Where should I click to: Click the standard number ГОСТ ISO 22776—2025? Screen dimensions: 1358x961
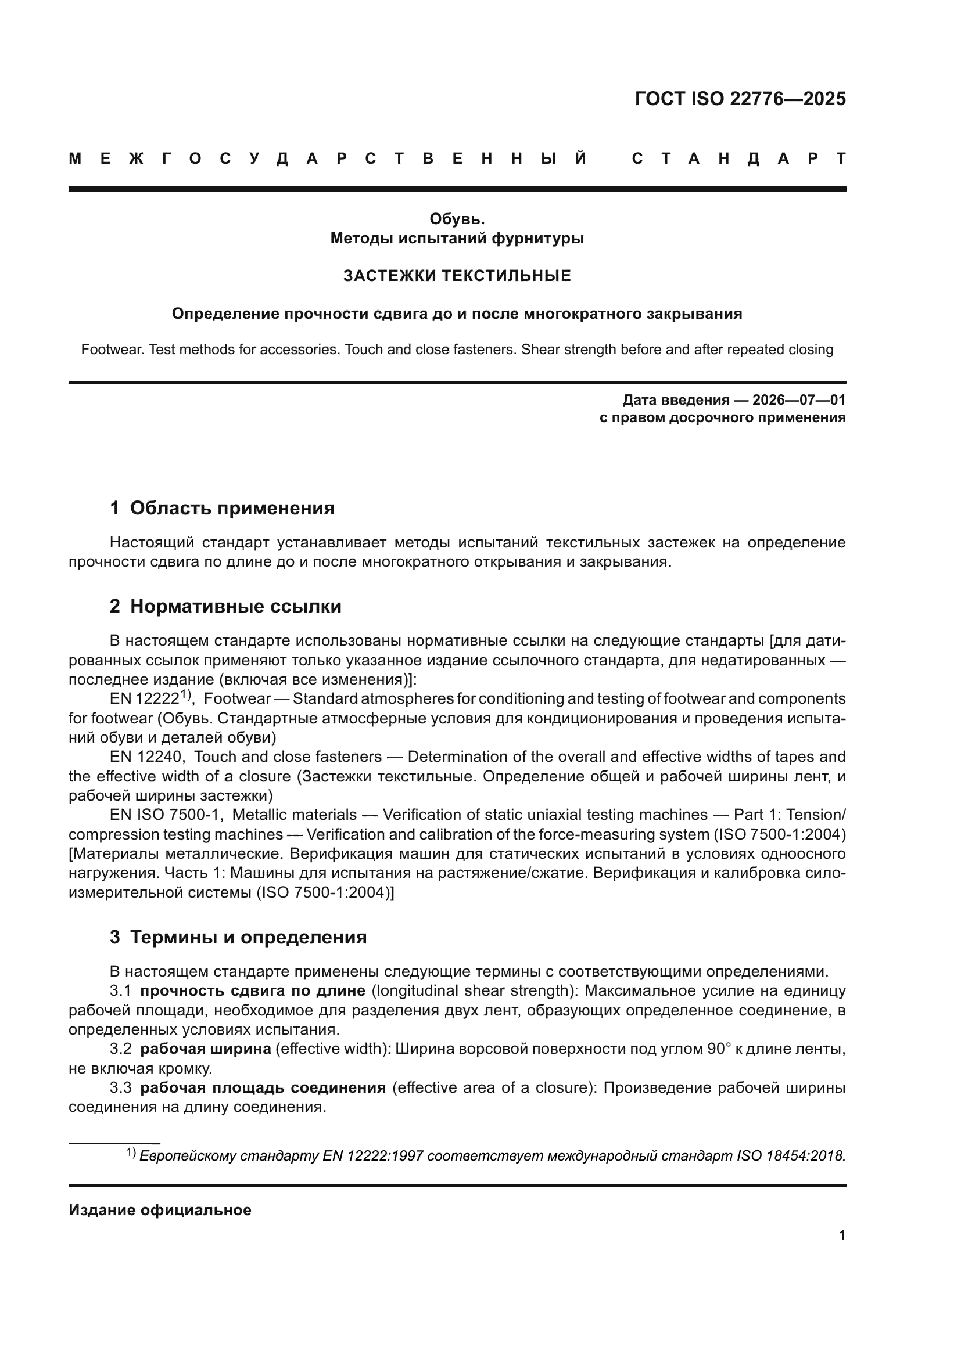[x=740, y=99]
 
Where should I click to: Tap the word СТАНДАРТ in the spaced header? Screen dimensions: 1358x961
[x=738, y=159]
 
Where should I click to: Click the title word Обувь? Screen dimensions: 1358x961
[x=457, y=219]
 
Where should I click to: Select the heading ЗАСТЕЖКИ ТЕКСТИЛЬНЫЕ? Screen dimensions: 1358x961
[x=457, y=276]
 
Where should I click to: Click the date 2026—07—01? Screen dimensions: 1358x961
[x=799, y=400]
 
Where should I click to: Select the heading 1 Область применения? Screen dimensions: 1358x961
[x=222, y=508]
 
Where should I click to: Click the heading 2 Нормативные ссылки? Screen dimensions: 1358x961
[x=225, y=606]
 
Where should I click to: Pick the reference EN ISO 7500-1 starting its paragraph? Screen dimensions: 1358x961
[x=165, y=815]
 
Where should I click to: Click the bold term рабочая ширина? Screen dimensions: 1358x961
[x=205, y=1049]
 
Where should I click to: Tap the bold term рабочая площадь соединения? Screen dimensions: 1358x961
[x=263, y=1087]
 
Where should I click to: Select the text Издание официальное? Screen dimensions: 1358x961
[x=160, y=1209]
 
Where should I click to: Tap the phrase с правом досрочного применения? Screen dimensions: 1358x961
[x=722, y=417]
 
